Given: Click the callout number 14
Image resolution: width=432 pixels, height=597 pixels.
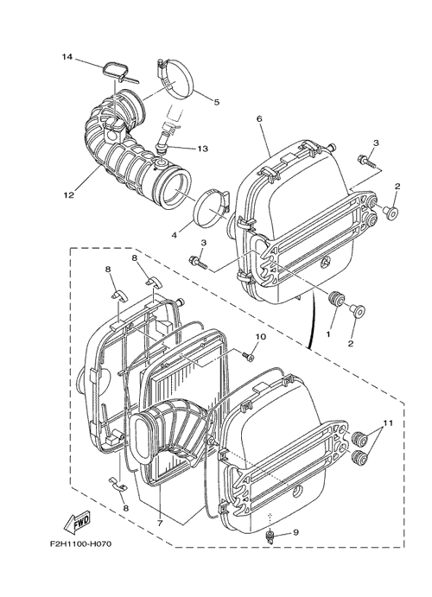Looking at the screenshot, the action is [67, 57].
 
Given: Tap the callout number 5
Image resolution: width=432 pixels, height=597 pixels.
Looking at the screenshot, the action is [217, 102].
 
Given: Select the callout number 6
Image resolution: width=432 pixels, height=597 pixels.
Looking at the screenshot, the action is [259, 118].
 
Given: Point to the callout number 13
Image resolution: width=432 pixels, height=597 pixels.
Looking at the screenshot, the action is [203, 149].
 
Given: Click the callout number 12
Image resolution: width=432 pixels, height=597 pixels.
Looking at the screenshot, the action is [69, 195].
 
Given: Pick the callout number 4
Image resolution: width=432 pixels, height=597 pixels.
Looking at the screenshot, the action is [174, 235].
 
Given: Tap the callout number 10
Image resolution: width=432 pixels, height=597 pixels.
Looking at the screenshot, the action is [261, 337].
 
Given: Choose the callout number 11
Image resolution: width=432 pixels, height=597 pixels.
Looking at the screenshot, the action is [388, 422].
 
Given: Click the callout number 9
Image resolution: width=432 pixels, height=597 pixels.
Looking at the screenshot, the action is [295, 532].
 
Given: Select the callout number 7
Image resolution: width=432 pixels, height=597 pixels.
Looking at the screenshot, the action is [160, 524].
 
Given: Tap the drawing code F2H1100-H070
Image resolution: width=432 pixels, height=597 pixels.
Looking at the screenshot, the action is [80, 543].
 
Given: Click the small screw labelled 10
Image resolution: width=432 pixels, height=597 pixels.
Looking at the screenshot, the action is [249, 356].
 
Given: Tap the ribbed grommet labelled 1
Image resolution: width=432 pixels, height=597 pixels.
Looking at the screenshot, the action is [335, 298].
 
